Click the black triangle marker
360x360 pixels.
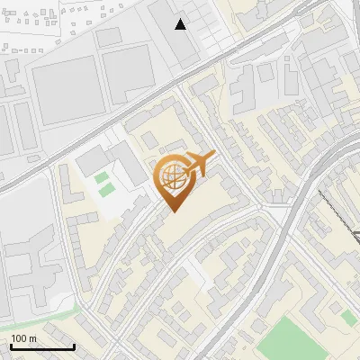tap(181, 24)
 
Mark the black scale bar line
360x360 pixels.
tap(42, 347)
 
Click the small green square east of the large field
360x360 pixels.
tap(347, 317)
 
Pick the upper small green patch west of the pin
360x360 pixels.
tap(102, 177)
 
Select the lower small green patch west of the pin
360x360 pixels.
tap(107, 190)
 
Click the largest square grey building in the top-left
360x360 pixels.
tap(66, 91)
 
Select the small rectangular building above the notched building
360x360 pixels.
tap(110, 37)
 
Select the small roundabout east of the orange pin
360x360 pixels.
tap(261, 207)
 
